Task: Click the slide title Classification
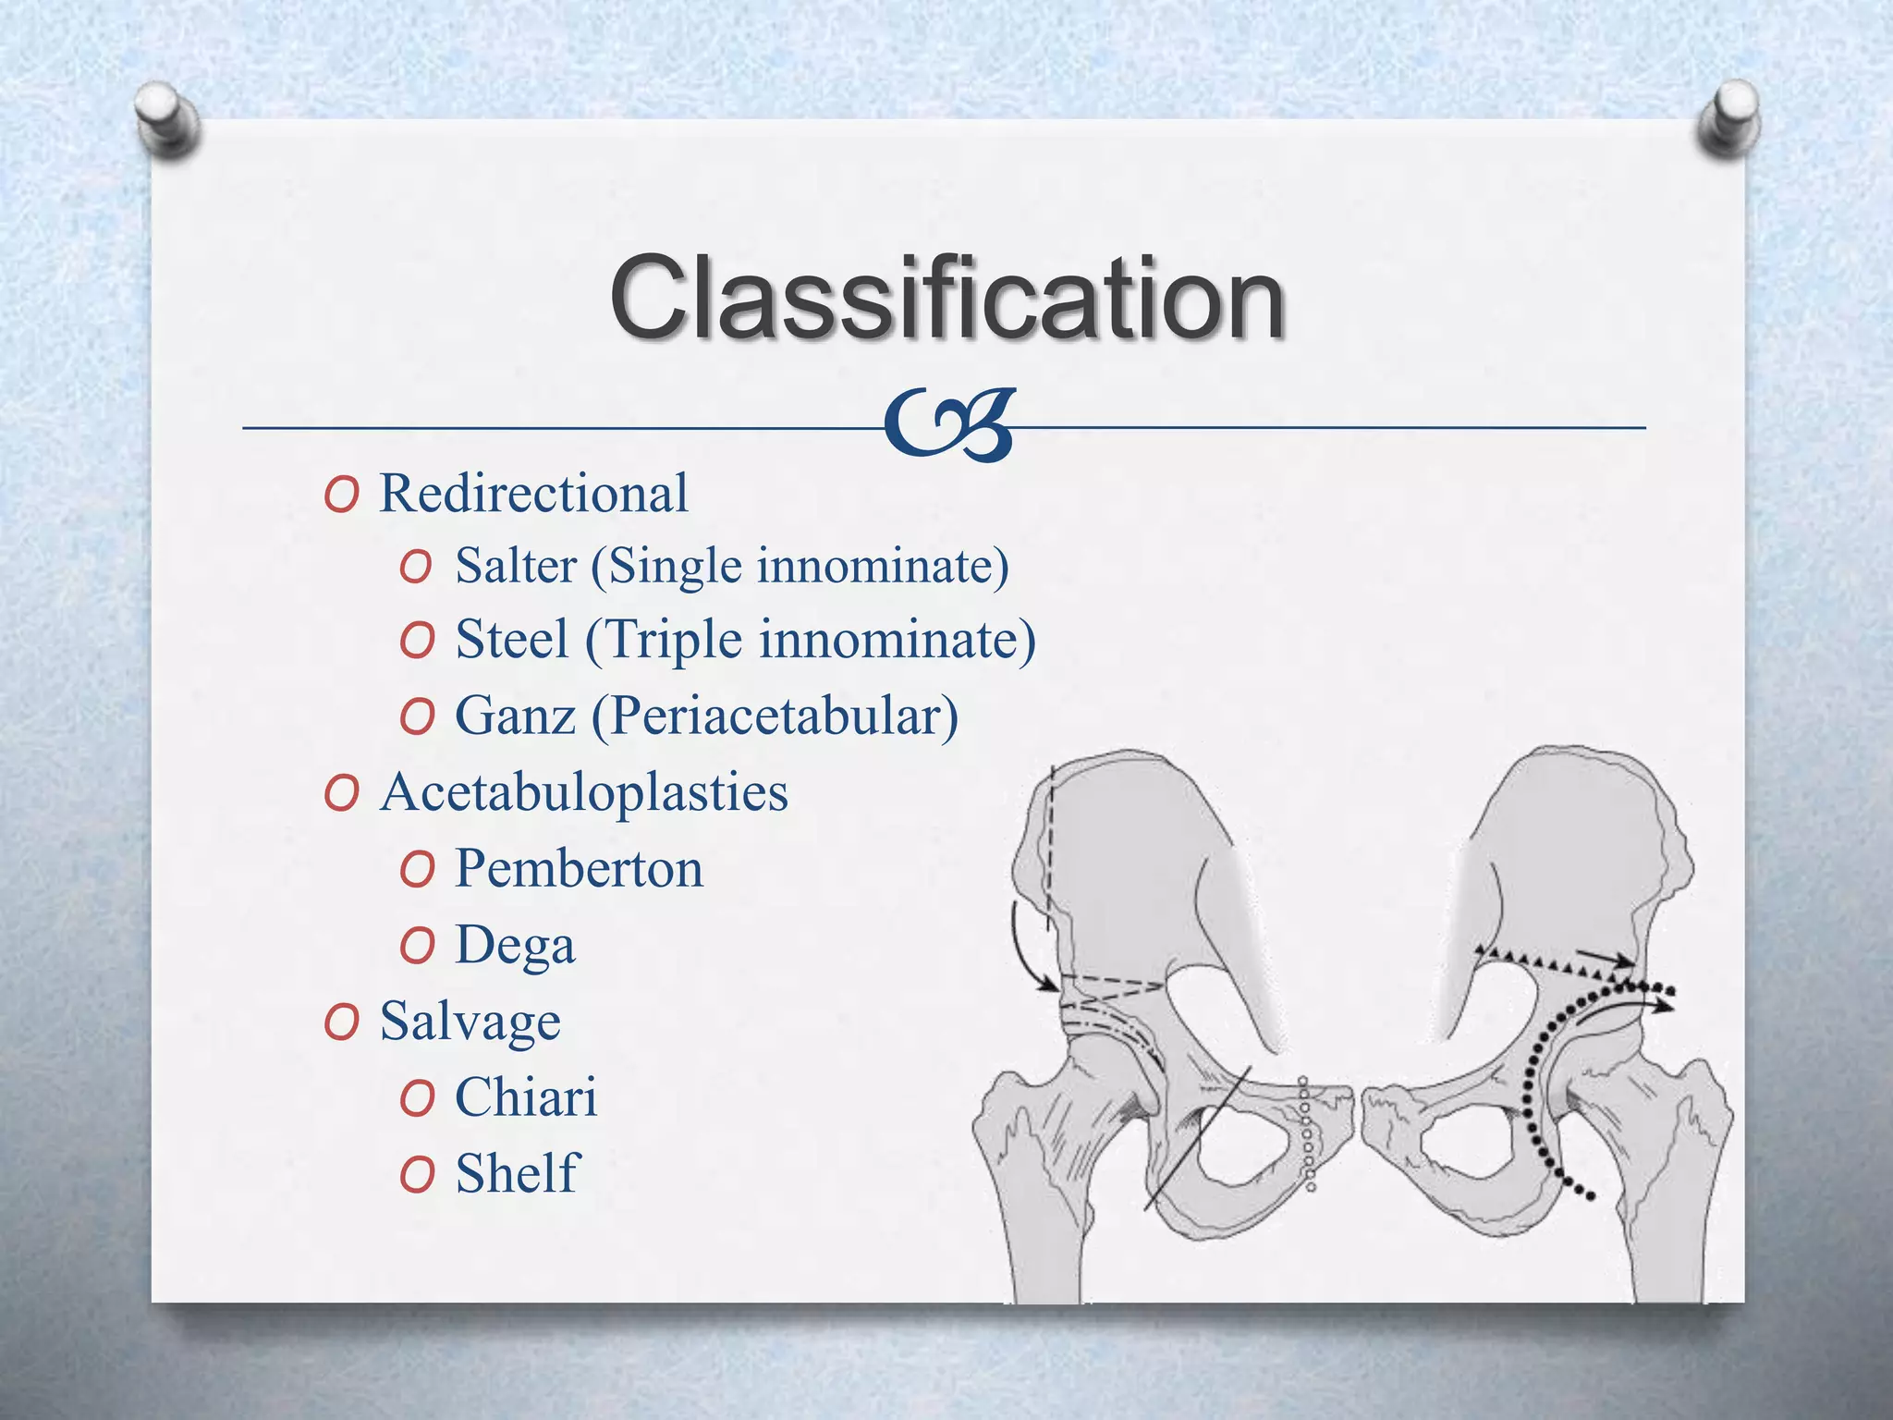(x=946, y=299)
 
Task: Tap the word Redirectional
(x=533, y=493)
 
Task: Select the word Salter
(x=516, y=566)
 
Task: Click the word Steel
(x=512, y=640)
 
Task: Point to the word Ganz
(x=515, y=716)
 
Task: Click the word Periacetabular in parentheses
(x=775, y=717)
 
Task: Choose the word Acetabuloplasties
(x=584, y=792)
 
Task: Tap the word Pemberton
(x=579, y=869)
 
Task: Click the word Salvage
(x=470, y=1022)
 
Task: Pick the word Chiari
(x=526, y=1097)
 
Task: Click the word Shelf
(x=517, y=1173)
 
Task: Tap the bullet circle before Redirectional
(x=341, y=496)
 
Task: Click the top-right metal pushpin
(x=1728, y=116)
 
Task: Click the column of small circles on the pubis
(x=1307, y=1132)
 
